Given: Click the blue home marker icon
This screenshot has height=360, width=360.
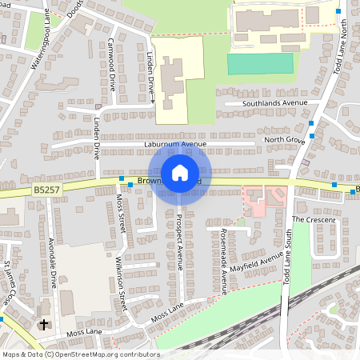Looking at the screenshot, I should click(x=180, y=172).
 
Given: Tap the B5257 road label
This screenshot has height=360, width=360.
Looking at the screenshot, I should click(x=46, y=190).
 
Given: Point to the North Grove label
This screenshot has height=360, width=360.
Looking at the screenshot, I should click(x=285, y=139).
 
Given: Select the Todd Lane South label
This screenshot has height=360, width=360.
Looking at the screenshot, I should click(x=287, y=257).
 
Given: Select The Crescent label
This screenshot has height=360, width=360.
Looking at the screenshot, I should click(x=311, y=218).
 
